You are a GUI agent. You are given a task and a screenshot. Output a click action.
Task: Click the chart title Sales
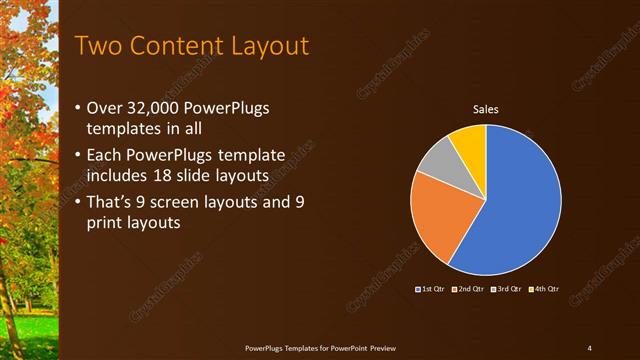485,110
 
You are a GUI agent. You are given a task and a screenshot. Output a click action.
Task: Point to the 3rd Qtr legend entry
508,289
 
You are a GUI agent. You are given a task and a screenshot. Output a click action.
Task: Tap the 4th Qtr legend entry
545,289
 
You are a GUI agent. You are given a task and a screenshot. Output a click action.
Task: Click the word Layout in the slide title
265,46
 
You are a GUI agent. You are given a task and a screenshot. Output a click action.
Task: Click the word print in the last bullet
108,224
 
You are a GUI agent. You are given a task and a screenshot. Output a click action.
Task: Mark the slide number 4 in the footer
589,347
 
